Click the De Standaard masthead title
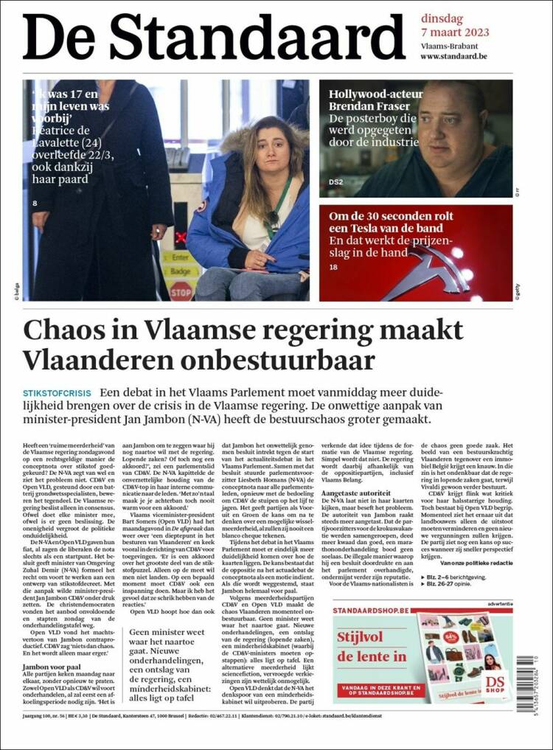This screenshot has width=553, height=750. pos(215,37)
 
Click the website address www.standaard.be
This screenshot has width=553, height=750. pos(453,56)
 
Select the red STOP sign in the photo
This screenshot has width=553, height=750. pos(181,290)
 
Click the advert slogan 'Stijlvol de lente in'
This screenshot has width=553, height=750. pos(372,646)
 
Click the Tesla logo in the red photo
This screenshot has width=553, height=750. pos(435,265)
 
